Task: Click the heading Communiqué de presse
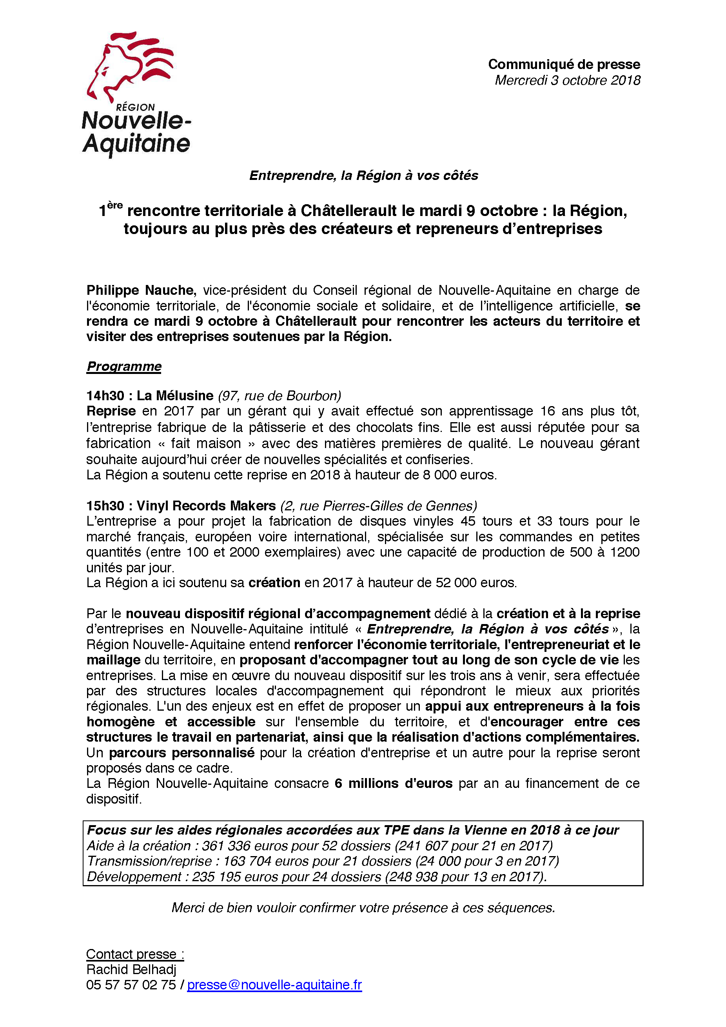(564, 64)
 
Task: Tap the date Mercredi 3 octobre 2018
(567, 80)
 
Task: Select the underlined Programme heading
(124, 367)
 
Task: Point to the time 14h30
(105, 396)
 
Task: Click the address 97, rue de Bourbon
(280, 396)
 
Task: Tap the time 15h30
(105, 506)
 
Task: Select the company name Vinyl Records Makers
(206, 506)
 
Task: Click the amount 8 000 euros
(459, 475)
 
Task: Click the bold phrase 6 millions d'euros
(393, 784)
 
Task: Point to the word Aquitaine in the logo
(136, 144)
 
